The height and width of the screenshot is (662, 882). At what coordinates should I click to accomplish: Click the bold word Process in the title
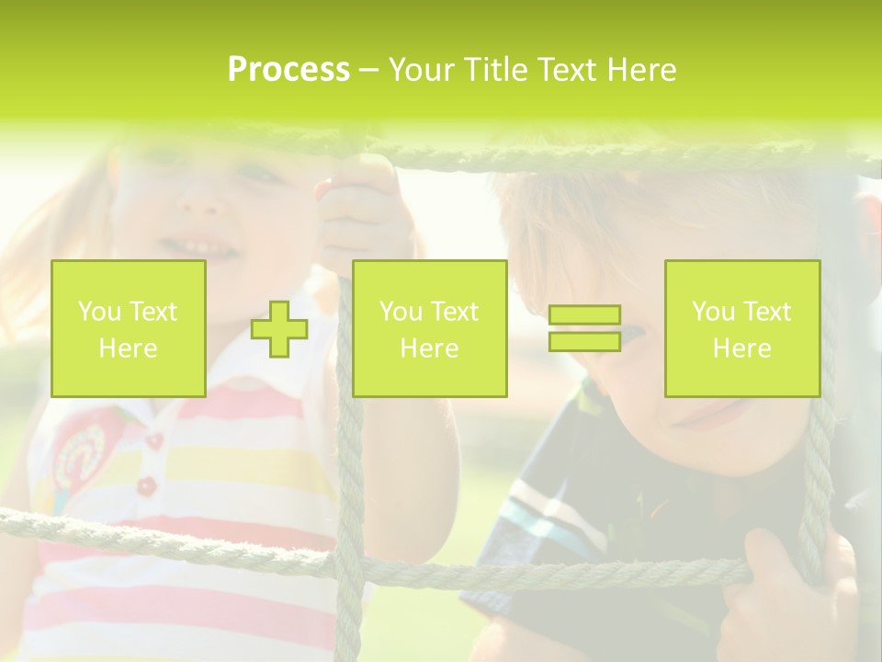pos(288,70)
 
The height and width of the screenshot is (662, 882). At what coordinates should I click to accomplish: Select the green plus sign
pos(279,329)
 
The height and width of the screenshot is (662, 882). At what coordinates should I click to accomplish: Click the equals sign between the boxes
pos(584,328)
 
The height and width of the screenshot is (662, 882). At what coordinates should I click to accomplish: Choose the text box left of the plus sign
pos(129,329)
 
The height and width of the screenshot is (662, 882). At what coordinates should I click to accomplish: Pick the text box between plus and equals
pos(429,329)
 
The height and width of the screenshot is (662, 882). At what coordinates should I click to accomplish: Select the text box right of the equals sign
pos(742,329)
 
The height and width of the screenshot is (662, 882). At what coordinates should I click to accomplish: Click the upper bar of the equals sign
pos(584,315)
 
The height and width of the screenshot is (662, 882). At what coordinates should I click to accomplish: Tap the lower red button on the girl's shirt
pos(146,485)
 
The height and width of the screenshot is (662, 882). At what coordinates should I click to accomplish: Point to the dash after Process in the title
pos(368,72)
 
